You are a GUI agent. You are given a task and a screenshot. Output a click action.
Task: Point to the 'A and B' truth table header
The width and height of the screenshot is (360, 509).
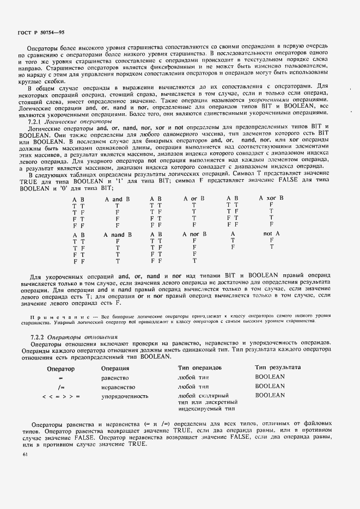click(x=117, y=199)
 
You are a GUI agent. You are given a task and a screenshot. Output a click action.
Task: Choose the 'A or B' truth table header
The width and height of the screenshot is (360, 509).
click(x=193, y=199)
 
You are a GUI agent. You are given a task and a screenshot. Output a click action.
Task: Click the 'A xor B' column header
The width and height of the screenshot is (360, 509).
click(x=271, y=198)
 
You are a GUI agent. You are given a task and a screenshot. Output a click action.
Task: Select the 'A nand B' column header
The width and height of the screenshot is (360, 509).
click(x=118, y=234)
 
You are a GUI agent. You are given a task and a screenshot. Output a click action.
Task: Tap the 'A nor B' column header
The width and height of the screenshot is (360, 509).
click(x=194, y=234)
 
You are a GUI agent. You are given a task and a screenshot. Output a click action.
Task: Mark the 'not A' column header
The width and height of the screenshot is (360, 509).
click(x=271, y=234)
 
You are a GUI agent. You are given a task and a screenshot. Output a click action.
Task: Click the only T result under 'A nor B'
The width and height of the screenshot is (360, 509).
click(x=194, y=261)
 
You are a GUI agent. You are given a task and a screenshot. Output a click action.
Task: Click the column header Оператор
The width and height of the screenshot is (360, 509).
click(x=60, y=368)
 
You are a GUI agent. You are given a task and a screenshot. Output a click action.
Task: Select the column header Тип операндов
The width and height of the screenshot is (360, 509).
click(x=200, y=368)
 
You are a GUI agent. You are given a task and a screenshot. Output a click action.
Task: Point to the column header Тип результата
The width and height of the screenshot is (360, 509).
click(x=278, y=368)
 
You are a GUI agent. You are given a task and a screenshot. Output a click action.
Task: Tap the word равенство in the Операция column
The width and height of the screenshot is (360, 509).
click(x=115, y=377)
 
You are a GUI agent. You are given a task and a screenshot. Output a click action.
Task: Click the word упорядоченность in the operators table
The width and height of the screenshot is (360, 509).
click(x=124, y=396)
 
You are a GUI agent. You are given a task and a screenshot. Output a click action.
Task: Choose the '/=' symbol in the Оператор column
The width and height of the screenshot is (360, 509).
click(x=61, y=387)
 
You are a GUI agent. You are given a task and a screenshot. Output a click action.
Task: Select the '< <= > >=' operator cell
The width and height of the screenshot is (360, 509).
click(x=61, y=396)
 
